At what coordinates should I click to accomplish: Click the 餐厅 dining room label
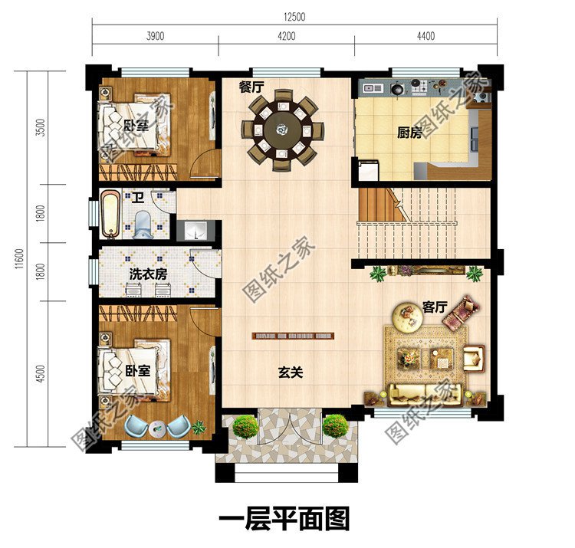point(251,87)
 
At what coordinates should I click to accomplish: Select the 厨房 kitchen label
point(409,133)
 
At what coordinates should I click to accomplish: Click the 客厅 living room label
point(435,307)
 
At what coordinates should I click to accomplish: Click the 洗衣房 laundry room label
point(148,274)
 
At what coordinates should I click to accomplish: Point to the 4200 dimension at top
point(284,36)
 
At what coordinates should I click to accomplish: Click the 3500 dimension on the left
point(38,127)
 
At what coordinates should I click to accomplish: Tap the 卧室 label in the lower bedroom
point(137,370)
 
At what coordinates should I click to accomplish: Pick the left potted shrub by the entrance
point(245,426)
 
